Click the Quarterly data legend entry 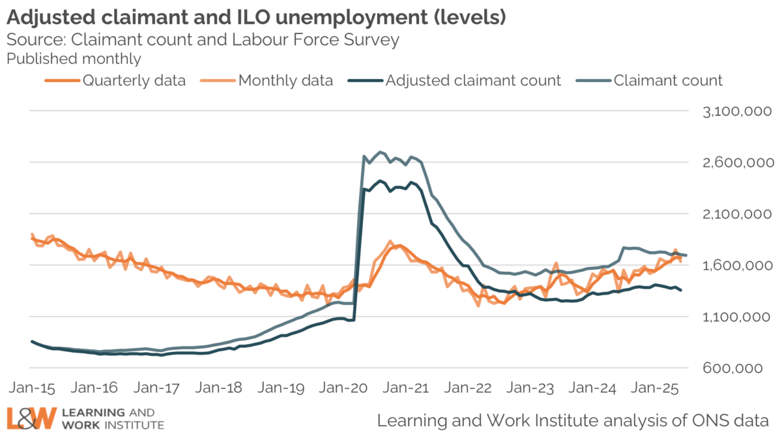134,81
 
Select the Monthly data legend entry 285,81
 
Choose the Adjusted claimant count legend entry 473,81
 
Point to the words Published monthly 74,59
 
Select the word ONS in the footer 710,418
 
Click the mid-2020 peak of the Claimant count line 381,152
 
